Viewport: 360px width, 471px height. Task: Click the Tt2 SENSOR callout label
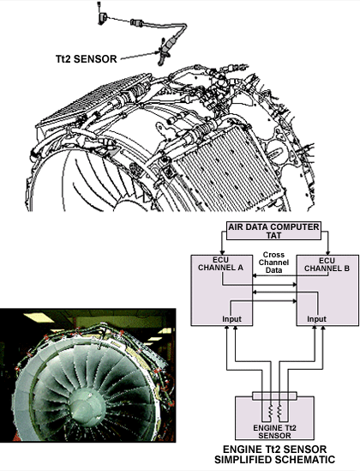tap(87, 58)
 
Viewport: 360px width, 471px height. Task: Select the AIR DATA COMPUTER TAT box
tap(273, 231)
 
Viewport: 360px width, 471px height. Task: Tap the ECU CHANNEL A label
tap(221, 263)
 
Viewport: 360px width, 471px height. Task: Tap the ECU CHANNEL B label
tap(327, 264)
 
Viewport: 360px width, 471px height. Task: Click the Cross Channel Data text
tap(273, 263)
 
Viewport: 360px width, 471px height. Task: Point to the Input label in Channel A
tap(231, 318)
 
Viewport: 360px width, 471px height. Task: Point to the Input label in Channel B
tap(316, 318)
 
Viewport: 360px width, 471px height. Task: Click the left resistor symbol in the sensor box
tap(270, 411)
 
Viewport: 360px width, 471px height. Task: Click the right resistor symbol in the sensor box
tap(279, 411)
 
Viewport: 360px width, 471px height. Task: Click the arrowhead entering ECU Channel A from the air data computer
tap(222, 251)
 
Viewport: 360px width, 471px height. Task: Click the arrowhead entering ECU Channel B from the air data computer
tap(328, 251)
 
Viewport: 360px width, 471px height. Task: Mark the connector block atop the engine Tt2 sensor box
tap(274, 396)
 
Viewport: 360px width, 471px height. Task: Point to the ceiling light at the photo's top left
tap(39, 317)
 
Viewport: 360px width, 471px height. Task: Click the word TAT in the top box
tap(273, 235)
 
